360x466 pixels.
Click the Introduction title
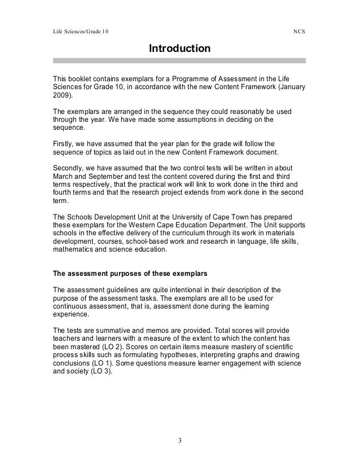point(179,49)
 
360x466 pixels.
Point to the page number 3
point(179,440)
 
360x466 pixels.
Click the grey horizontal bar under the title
point(179,60)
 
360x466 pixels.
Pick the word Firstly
point(64,144)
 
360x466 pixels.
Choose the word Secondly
point(69,168)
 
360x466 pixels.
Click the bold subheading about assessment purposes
point(130,274)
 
